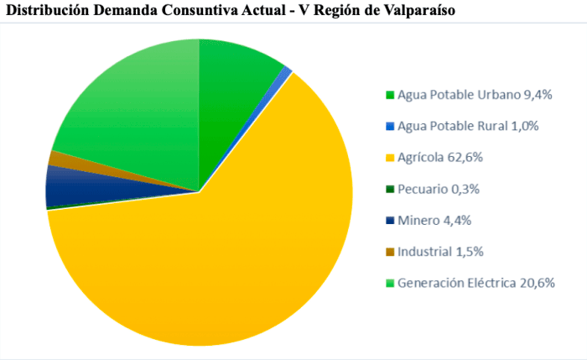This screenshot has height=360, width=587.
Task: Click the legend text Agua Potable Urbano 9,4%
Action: (x=475, y=95)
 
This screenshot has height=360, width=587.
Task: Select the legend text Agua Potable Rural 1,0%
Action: (x=468, y=126)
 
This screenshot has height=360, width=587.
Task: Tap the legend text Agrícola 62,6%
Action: (x=440, y=157)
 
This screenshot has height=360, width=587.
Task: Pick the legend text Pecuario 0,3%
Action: (x=439, y=189)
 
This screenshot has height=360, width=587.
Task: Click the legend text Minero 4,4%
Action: (x=434, y=220)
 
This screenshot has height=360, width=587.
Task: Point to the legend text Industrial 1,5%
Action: (x=440, y=251)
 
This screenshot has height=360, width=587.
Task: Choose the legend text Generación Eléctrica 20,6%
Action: (x=476, y=282)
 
